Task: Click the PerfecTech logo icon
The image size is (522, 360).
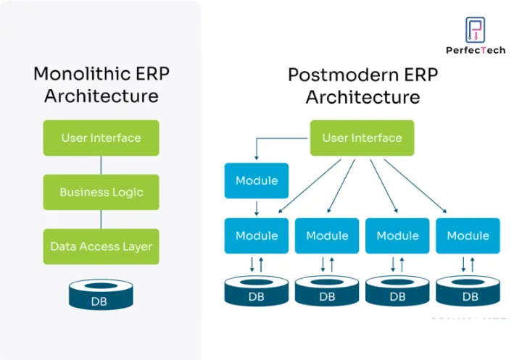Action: [x=476, y=30]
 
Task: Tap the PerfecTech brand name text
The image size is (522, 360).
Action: [x=475, y=50]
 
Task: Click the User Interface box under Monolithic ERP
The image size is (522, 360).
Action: [x=101, y=138]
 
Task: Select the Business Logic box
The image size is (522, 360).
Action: [x=101, y=192]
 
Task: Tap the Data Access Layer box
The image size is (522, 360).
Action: [x=101, y=246]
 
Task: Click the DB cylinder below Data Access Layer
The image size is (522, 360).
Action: [x=100, y=295]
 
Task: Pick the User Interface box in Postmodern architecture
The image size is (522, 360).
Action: [x=362, y=138]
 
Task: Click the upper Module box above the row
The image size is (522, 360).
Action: [x=257, y=180]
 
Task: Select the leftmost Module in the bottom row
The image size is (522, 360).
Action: [x=257, y=235]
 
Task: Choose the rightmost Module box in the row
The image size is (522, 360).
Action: [x=468, y=235]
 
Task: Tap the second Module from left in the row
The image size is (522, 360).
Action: [x=327, y=235]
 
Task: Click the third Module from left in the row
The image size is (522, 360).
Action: [x=397, y=235]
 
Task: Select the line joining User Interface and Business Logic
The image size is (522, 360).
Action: [x=101, y=165]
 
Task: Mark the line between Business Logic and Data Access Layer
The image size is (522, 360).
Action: [x=101, y=219]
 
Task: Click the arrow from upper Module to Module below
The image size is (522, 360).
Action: [x=257, y=208]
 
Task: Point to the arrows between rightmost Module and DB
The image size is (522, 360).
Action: [x=468, y=264]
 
